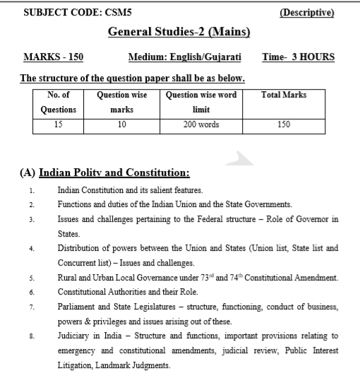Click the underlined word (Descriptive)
(307, 13)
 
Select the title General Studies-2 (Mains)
(179, 32)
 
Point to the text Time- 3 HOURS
(298, 57)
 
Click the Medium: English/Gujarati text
(184, 57)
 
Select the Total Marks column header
(283, 95)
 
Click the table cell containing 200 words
(201, 125)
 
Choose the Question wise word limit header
(201, 102)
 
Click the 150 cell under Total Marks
(283, 125)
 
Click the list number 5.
(32, 276)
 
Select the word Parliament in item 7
(79, 306)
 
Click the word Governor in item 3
(311, 219)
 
